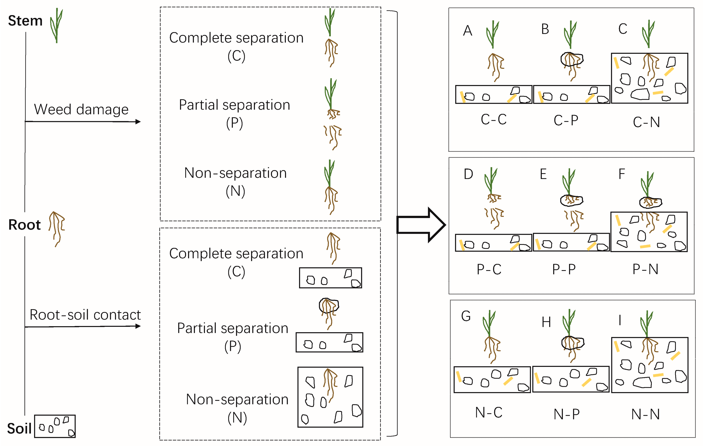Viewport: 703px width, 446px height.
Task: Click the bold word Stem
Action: click(25, 21)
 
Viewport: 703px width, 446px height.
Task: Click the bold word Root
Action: click(24, 225)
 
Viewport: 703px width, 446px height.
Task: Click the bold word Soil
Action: click(19, 428)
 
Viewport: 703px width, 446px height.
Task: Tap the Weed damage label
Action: click(81, 109)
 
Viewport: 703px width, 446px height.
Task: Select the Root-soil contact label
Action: click(85, 315)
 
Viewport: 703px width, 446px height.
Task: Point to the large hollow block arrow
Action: click(421, 225)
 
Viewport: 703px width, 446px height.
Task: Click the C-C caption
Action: click(494, 119)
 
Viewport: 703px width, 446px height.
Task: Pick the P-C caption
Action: click(489, 269)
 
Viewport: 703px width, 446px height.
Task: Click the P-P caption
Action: click(564, 269)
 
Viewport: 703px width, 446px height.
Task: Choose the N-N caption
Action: click(646, 414)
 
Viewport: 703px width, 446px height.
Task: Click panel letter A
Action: click(467, 30)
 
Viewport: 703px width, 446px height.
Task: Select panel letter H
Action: click(546, 322)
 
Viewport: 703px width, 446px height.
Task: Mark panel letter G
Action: click(466, 316)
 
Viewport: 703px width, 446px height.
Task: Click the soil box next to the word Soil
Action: click(55, 426)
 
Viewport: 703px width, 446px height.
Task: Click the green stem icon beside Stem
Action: click(56, 25)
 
